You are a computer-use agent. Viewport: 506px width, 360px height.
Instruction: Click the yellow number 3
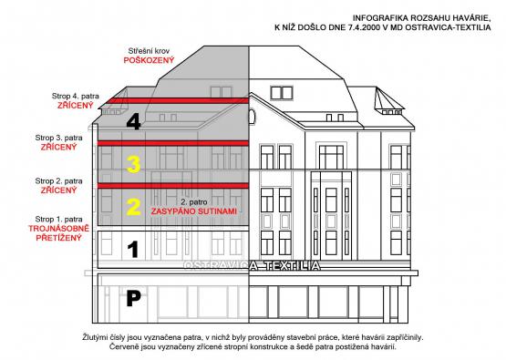point(133,164)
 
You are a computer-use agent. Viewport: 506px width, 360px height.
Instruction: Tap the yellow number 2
point(133,207)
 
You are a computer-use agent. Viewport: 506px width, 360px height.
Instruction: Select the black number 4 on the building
point(133,122)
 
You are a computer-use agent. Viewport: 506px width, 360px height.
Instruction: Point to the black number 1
point(132,250)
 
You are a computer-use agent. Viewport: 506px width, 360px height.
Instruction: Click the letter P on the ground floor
point(133,298)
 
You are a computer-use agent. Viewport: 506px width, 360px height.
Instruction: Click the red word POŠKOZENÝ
point(149,60)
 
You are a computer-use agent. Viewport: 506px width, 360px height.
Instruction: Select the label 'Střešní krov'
point(149,51)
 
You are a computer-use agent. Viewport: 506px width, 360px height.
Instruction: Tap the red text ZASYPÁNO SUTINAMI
point(194,211)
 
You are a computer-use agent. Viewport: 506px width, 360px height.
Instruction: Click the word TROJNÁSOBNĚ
point(58,229)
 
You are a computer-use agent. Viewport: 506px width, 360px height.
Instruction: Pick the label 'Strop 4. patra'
point(76,96)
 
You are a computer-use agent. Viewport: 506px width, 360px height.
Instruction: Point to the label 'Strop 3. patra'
point(58,138)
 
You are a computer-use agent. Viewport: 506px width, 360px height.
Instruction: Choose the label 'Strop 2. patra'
point(58,181)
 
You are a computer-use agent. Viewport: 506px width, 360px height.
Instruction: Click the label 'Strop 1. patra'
point(58,220)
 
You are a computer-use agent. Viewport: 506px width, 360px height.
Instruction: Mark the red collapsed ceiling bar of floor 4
point(178,100)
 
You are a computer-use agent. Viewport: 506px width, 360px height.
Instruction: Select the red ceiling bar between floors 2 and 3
point(173,186)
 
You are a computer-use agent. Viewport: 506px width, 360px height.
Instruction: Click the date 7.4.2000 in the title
point(365,27)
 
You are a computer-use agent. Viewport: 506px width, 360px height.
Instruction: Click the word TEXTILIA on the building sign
point(293,266)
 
